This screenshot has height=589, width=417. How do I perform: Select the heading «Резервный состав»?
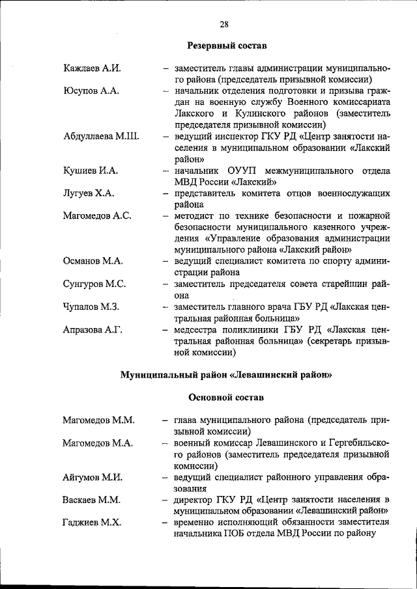coord(227,46)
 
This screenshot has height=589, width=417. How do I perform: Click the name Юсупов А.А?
coord(91,90)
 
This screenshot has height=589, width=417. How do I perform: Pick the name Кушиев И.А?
coord(91,171)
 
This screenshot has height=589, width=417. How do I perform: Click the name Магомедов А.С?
coord(98,215)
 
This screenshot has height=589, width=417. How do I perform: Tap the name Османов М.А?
coord(94,261)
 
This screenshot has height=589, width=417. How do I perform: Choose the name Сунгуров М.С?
coord(94,284)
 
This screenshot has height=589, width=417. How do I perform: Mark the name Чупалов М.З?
coord(91,307)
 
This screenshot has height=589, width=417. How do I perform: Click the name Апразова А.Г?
coord(93,329)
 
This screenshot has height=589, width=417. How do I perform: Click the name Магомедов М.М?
coord(98,420)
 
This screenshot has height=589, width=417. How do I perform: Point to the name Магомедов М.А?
coord(98,443)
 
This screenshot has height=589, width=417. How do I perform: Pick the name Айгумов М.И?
coord(93,477)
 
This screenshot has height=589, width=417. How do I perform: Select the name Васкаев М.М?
coord(92,500)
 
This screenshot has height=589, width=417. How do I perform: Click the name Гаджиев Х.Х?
coord(91,522)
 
